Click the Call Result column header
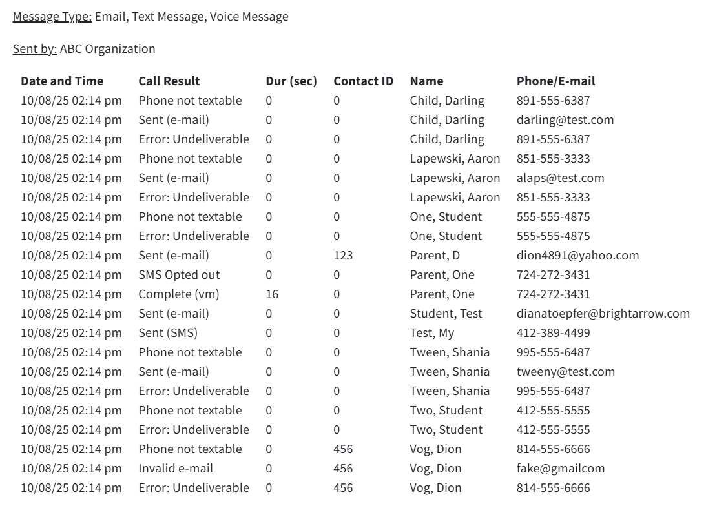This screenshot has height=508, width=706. coord(169,81)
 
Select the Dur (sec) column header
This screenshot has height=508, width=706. coord(291,81)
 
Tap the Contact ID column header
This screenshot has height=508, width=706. coord(363,81)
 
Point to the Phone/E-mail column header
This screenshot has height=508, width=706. coord(555,81)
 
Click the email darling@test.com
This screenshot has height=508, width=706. coord(565,120)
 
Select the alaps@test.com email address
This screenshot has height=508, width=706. coord(560,178)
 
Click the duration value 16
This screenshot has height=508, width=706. coord(272,294)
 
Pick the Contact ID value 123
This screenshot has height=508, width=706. coord(343,256)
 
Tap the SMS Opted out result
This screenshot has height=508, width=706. coord(179,275)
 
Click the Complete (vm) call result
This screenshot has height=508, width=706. coord(179,294)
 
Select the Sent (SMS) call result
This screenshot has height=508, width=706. coord(168,333)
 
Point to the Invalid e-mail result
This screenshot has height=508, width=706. coord(176,469)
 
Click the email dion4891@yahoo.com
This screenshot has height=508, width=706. coord(577,256)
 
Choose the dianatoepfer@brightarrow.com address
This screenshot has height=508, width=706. coord(603,314)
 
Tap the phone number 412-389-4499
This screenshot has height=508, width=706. coord(553,333)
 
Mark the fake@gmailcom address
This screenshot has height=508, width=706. coord(561,469)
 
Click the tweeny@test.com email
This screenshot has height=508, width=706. coord(565,372)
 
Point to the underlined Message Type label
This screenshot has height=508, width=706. coord(52,17)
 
